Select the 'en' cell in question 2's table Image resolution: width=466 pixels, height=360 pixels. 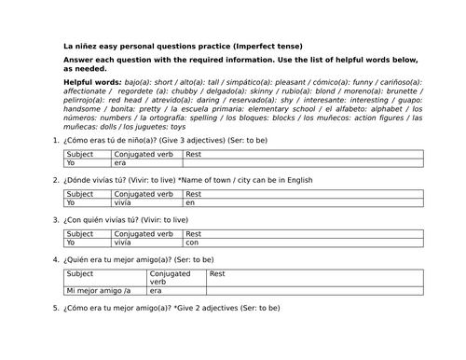(x=190, y=201)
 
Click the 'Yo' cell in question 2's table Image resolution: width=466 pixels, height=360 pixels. (x=71, y=201)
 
